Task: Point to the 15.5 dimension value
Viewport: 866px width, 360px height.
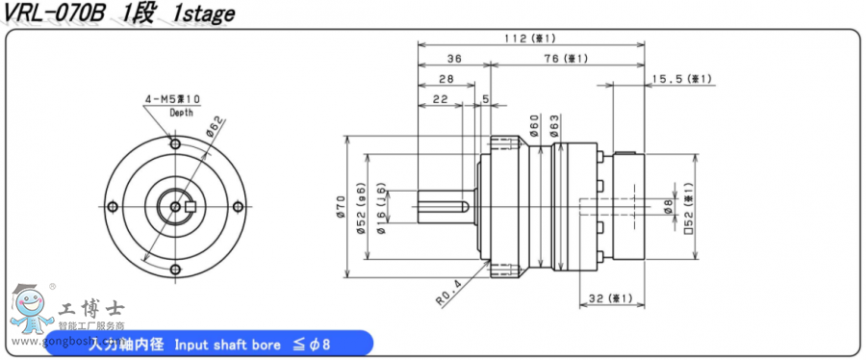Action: tap(680, 78)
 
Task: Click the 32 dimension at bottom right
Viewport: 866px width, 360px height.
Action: tap(612, 298)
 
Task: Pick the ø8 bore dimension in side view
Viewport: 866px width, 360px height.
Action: tap(668, 204)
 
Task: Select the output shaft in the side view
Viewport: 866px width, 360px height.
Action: tap(443, 206)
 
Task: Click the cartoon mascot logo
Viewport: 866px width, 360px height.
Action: tap(28, 314)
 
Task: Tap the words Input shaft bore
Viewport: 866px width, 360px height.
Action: tap(229, 344)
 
